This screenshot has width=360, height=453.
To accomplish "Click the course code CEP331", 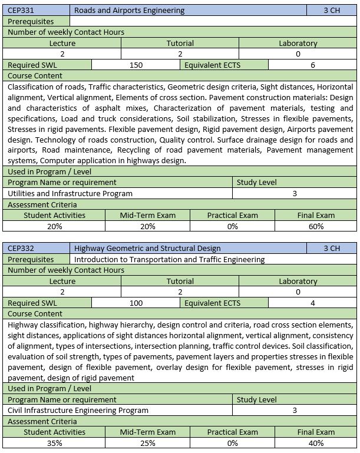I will pyautogui.click(x=22, y=10).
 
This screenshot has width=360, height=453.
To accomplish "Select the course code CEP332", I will pyautogui.click(x=22, y=248).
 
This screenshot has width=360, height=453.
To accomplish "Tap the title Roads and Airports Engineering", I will pyautogui.click(x=130, y=10).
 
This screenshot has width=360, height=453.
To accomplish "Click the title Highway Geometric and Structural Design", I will pyautogui.click(x=147, y=248).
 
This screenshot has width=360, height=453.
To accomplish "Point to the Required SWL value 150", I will pyautogui.click(x=136, y=65).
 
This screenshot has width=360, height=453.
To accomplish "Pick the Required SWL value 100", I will pyautogui.click(x=136, y=303).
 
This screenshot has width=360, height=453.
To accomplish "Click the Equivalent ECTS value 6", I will pyautogui.click(x=313, y=65).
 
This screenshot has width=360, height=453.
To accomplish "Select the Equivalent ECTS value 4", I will pyautogui.click(x=313, y=303).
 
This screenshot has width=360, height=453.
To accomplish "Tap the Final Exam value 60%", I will pyautogui.click(x=316, y=226).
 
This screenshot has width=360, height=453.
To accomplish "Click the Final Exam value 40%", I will pyautogui.click(x=316, y=443).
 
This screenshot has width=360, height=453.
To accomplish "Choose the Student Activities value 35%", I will pyautogui.click(x=54, y=443).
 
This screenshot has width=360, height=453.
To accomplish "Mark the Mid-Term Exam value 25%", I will pyautogui.click(x=147, y=443).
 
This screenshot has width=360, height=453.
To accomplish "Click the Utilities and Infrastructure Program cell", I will pyautogui.click(x=70, y=193).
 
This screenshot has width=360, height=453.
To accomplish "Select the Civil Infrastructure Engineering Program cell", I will pyautogui.click(x=78, y=410).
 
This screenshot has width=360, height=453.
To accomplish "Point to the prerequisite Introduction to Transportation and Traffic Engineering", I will pyautogui.click(x=170, y=259).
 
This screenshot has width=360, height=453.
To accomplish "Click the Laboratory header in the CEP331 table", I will pyautogui.click(x=298, y=43).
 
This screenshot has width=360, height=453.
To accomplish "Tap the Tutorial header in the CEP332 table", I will pyautogui.click(x=180, y=281).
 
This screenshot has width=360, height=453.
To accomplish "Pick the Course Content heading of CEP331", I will pyautogui.click(x=35, y=75).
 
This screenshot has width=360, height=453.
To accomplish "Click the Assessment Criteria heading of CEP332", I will pyautogui.click(x=42, y=421).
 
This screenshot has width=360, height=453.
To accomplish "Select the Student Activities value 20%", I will pyautogui.click(x=54, y=226).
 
